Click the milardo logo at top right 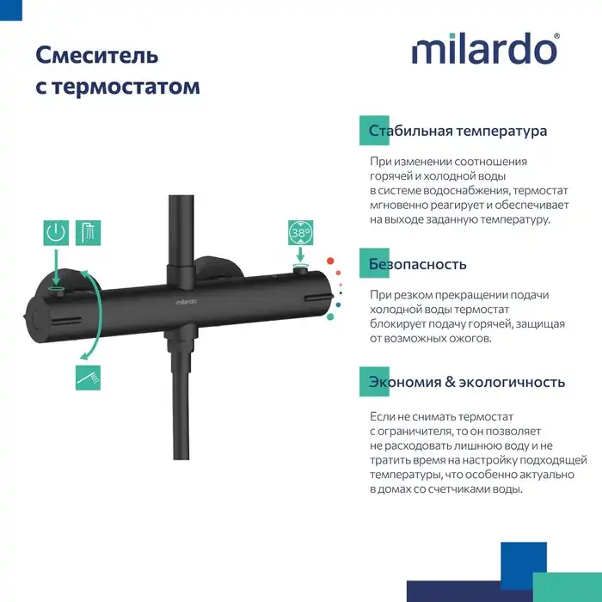click(x=485, y=49)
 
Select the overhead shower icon click(x=88, y=232)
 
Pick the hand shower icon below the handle click(x=88, y=377)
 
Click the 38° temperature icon click(x=300, y=233)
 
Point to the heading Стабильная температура click(x=458, y=132)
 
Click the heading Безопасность click(x=417, y=264)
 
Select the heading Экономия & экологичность click(x=466, y=382)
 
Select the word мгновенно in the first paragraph click(x=401, y=205)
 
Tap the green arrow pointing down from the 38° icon click(x=300, y=255)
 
